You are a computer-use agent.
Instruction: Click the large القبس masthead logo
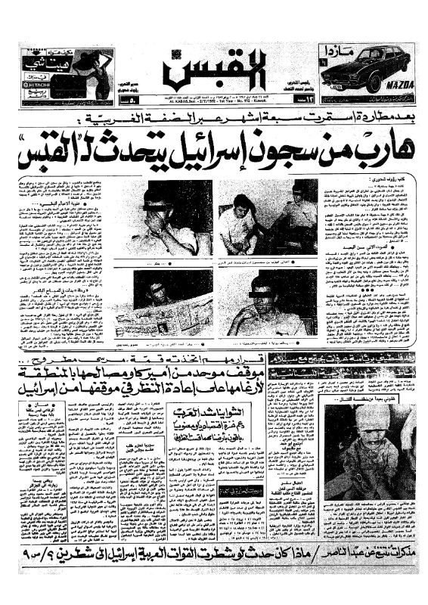pyautogui.click(x=214, y=71)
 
